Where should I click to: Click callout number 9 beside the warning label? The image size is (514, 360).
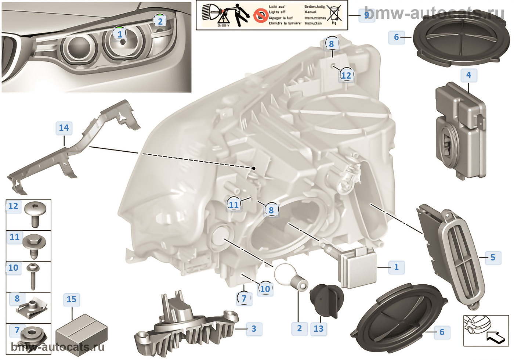pyautogui.click(x=367, y=15)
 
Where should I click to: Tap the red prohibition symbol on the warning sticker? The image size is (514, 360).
pyautogui.click(x=261, y=15)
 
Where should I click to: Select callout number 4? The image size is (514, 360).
pyautogui.click(x=468, y=75)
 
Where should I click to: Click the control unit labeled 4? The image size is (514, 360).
pyautogui.click(x=461, y=129)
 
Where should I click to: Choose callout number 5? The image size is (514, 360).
pyautogui.click(x=493, y=258)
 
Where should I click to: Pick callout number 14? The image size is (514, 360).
pyautogui.click(x=64, y=128)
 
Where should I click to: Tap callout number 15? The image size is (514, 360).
pyautogui.click(x=72, y=299)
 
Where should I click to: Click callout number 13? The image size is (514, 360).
pyautogui.click(x=318, y=329)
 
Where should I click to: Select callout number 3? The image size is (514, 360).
pyautogui.click(x=254, y=329)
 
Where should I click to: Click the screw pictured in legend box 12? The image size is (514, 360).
pyautogui.click(x=35, y=213)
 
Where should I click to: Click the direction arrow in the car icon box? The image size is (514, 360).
pyautogui.click(x=496, y=336)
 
